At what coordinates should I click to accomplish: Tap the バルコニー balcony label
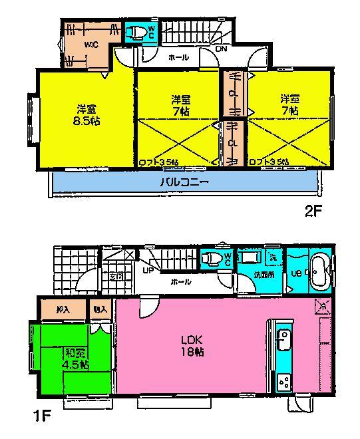click(184, 182)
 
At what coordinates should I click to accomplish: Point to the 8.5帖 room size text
click(86, 120)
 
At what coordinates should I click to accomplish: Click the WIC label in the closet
click(91, 46)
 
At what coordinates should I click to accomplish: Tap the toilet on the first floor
click(212, 259)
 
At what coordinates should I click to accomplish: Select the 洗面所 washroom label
click(250, 275)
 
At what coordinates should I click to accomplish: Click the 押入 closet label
click(63, 309)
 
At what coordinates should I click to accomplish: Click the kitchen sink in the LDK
click(281, 341)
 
